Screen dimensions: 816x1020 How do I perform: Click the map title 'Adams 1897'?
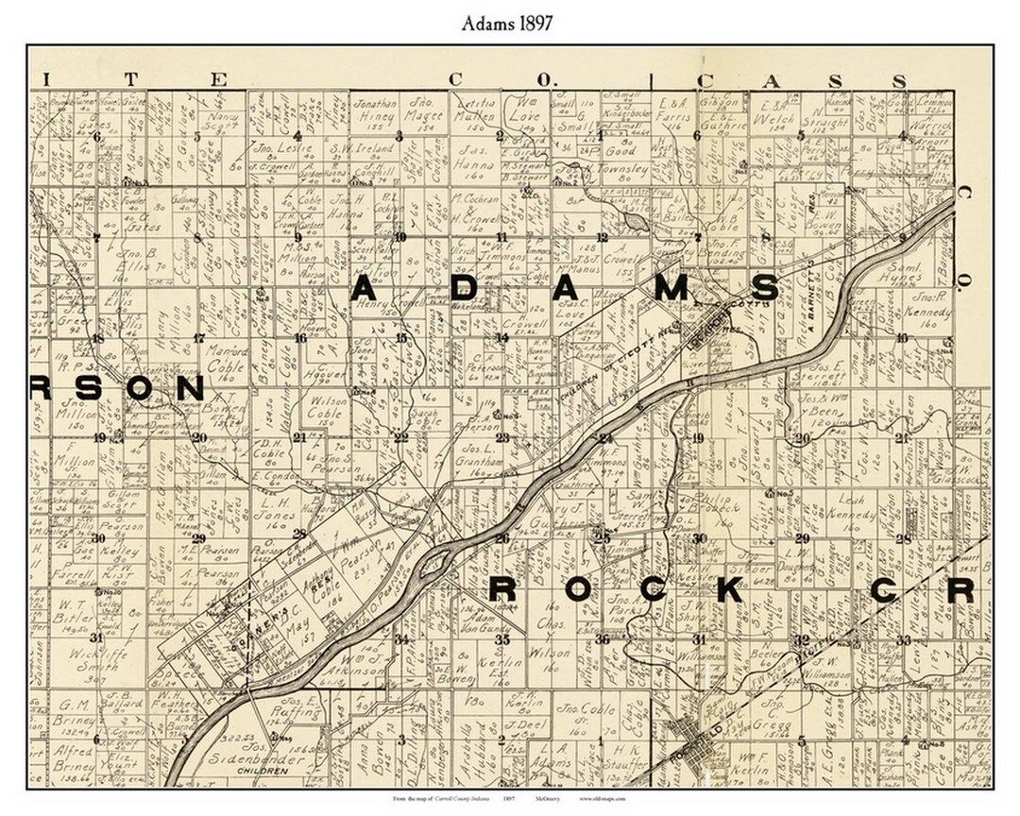[x=507, y=24]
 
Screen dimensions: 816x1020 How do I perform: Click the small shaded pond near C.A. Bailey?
[x=634, y=221]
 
